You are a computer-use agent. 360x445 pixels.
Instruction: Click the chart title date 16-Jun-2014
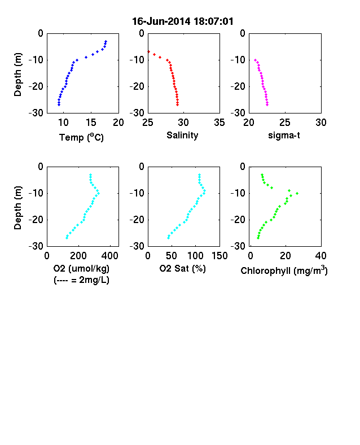point(161,21)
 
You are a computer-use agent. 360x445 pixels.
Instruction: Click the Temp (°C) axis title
point(81,137)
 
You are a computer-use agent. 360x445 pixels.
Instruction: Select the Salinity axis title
point(182,135)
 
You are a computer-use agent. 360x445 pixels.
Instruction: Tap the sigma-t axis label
point(284,136)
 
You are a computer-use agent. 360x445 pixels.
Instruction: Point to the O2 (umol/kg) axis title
point(81,268)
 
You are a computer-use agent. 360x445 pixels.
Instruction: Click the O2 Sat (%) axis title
point(183,268)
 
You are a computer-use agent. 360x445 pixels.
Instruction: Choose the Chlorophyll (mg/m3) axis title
point(284,271)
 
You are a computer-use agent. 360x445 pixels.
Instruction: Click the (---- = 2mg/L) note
point(81,280)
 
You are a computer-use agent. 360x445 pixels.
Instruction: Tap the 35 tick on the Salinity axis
point(219,123)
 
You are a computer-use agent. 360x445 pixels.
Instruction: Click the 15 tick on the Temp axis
point(91,123)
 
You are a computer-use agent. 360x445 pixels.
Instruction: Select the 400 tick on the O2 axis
point(110,256)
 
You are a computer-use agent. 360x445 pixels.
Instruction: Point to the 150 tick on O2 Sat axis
point(219,256)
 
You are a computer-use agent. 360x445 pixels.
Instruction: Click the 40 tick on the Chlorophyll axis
point(321,256)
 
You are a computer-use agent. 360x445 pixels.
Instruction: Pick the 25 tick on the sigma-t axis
point(285,123)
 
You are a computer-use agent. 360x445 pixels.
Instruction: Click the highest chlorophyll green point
point(297,193)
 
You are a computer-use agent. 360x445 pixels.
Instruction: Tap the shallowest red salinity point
point(148,51)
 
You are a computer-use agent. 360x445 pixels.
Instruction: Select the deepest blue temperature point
point(59,104)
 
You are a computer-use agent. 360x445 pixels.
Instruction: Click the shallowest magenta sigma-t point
point(256,60)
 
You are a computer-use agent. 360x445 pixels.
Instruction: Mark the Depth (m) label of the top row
point(17,75)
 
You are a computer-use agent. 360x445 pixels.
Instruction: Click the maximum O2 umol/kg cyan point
point(98,193)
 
